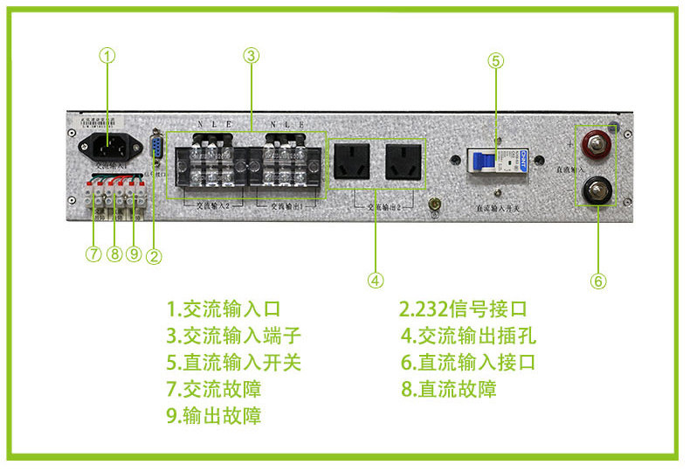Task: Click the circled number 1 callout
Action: click(107, 55)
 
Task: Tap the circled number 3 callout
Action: click(251, 55)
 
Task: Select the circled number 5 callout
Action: click(495, 61)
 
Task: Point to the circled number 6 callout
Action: click(598, 281)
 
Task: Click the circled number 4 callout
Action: click(375, 281)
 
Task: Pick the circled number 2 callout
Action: click(154, 256)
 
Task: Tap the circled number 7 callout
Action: click(93, 254)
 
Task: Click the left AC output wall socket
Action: click(353, 163)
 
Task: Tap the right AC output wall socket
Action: click(403, 163)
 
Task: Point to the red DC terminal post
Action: click(597, 142)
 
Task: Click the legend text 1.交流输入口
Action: click(223, 309)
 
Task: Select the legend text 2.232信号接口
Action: click(464, 309)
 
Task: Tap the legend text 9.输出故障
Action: click(214, 415)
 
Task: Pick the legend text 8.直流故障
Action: click(449, 389)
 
